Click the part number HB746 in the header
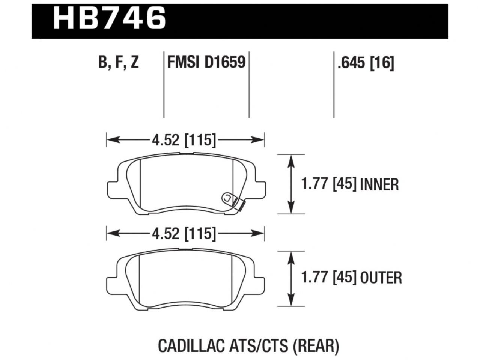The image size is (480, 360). (x=109, y=18)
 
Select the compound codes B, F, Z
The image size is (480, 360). (x=119, y=62)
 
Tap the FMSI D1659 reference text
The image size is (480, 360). (x=206, y=62)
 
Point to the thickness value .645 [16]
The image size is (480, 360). (x=366, y=63)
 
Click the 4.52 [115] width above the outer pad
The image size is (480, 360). (x=184, y=234)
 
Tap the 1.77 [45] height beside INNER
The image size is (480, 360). (x=329, y=184)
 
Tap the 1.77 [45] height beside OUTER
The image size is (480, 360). (x=329, y=278)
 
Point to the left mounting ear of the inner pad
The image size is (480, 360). (x=113, y=189)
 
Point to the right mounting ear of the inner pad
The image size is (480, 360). (x=260, y=189)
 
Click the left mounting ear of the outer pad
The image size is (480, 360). (x=113, y=283)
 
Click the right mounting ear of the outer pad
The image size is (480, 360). (x=260, y=283)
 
